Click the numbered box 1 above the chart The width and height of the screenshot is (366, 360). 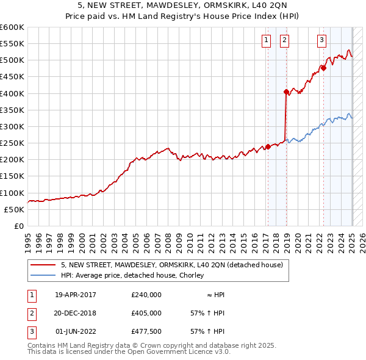coord(267,41)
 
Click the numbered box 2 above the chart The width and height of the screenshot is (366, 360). coord(285,41)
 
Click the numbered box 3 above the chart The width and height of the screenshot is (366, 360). coord(321,41)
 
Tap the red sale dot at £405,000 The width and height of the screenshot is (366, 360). coord(286,92)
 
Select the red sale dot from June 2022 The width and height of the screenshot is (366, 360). coord(323,68)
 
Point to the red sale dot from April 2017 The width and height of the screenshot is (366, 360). coord(268,146)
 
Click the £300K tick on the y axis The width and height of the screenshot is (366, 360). coord(12,126)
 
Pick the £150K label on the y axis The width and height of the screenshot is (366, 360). coord(12,176)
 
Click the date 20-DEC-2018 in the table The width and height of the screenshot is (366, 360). coord(76,313)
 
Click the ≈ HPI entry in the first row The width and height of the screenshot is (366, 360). coord(215,295)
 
